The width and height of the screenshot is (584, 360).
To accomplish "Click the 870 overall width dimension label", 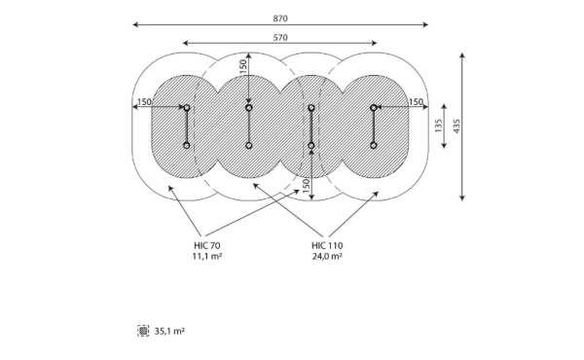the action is (280, 18).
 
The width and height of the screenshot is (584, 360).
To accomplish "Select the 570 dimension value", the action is (280, 38).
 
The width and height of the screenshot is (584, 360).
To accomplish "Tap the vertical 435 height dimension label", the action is (456, 126).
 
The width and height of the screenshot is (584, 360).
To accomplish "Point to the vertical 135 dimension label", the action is (438, 126).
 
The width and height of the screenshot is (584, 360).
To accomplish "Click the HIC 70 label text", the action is (207, 246).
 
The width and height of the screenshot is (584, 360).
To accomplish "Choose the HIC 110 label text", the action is (327, 246).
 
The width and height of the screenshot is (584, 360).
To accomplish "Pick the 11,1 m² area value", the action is (207, 256).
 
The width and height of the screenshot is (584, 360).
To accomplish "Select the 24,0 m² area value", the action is (327, 256).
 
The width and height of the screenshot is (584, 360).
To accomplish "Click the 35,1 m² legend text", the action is (169, 331).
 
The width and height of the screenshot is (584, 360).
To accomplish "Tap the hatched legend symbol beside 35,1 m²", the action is (143, 331).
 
